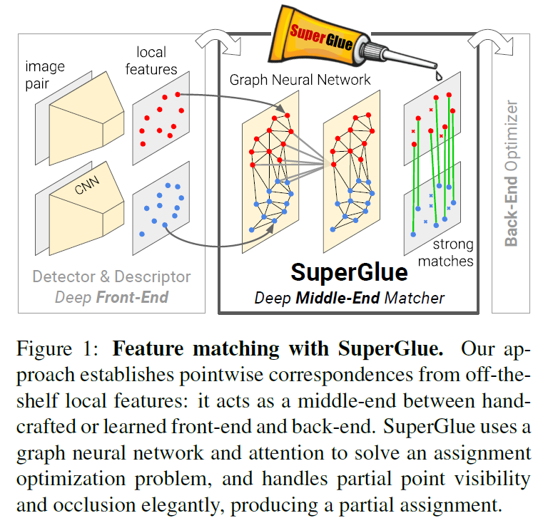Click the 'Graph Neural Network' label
pyautogui.click(x=300, y=79)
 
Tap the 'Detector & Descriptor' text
pyautogui.click(x=112, y=276)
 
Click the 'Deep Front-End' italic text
pyautogui.click(x=112, y=296)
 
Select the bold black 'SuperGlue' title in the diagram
pyautogui.click(x=349, y=272)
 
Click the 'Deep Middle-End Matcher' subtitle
pyautogui.click(x=349, y=297)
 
